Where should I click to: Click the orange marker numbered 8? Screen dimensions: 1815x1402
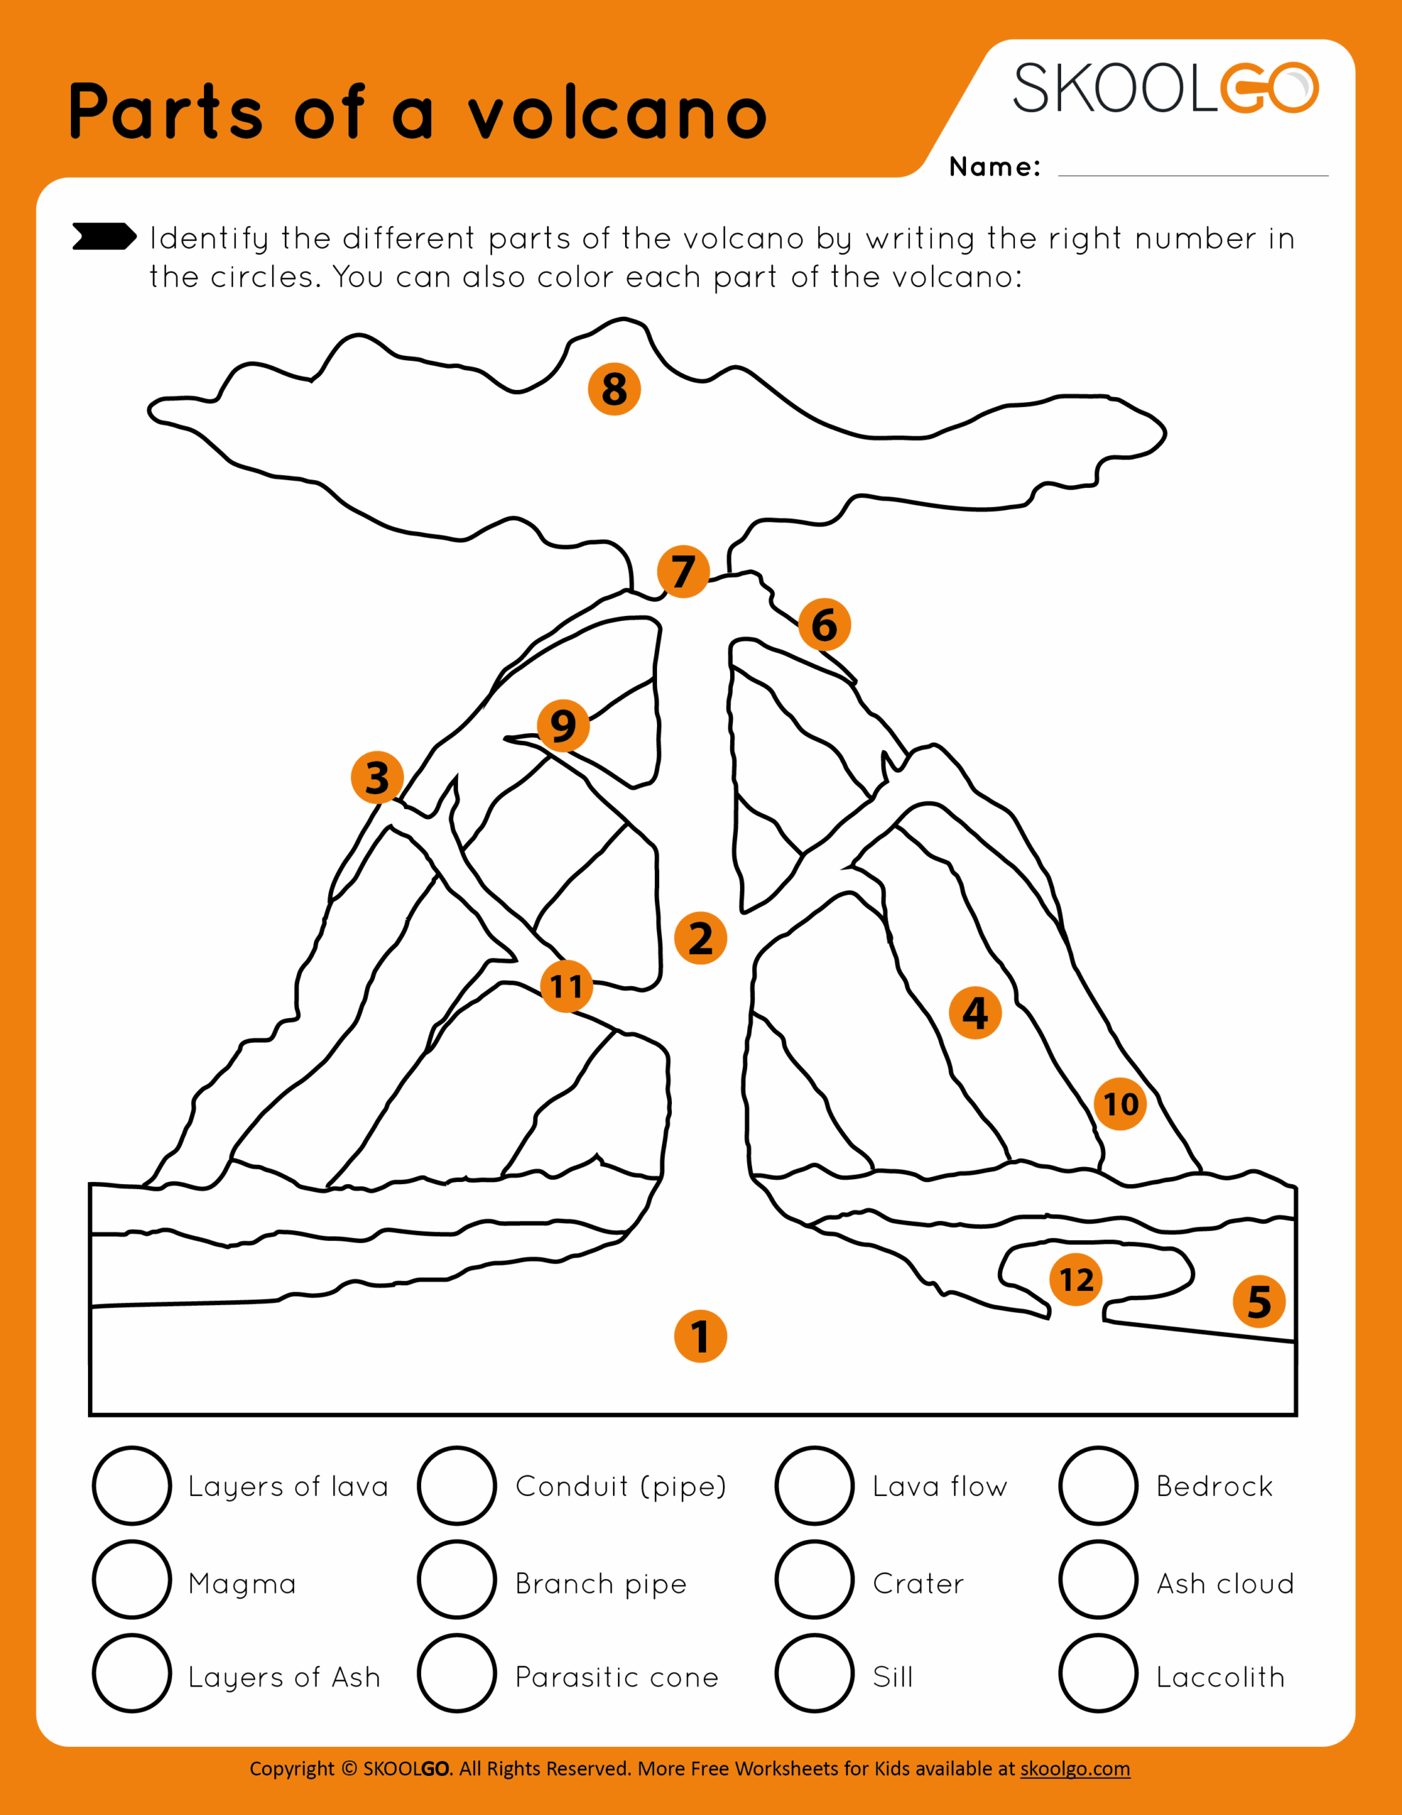pyautogui.click(x=614, y=389)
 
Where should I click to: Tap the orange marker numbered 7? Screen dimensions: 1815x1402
pyautogui.click(x=683, y=571)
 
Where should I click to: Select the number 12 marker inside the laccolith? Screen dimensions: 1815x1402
pyautogui.click(x=1076, y=1280)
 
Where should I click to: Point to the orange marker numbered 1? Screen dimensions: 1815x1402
pyautogui.click(x=700, y=1336)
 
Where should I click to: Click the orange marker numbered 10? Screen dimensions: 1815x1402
pyautogui.click(x=1121, y=1105)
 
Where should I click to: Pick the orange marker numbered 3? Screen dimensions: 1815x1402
pyautogui.click(x=377, y=778)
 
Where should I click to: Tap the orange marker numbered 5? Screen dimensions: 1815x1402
pyautogui.click(x=1259, y=1302)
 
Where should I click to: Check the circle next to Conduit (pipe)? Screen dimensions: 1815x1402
pyautogui.click(x=457, y=1486)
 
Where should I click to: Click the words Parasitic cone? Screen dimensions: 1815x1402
pyautogui.click(x=617, y=1677)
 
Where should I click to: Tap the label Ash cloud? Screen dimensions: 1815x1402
pyautogui.click(x=1225, y=1583)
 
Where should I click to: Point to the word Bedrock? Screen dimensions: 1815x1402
pyautogui.click(x=1214, y=1486)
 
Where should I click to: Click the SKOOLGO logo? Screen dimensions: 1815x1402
pyautogui.click(x=1165, y=88)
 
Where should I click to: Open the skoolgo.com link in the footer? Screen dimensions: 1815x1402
pyautogui.click(x=1075, y=1768)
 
